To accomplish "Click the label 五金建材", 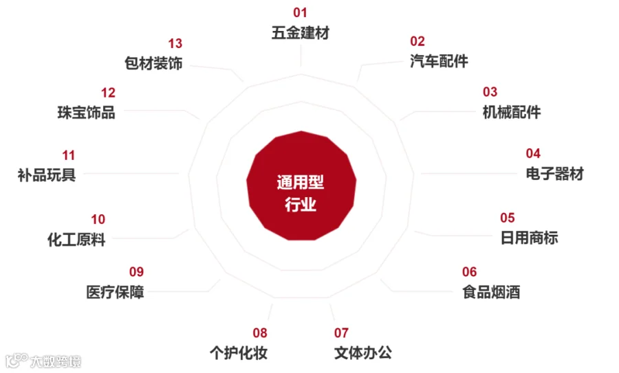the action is pos(301,33).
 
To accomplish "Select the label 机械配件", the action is pos(512,112).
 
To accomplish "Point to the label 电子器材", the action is pos(554,173).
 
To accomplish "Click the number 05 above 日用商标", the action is pos(508,218).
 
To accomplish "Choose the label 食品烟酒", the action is pos(491,292).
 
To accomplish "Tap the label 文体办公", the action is pos(363,353).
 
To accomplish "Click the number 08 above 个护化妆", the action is pos(259,333).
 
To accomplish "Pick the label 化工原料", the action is pos(76,240).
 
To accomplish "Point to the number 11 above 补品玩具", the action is pos(68,155).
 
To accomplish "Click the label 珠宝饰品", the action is pos(86,113).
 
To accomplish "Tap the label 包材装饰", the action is pos(153,64).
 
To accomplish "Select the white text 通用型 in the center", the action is pos(301,182).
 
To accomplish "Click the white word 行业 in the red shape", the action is pos(301,204).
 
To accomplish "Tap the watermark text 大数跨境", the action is pos(55,361).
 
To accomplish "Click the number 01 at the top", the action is pos(300,12).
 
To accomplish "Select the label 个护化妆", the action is pos(239,353).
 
